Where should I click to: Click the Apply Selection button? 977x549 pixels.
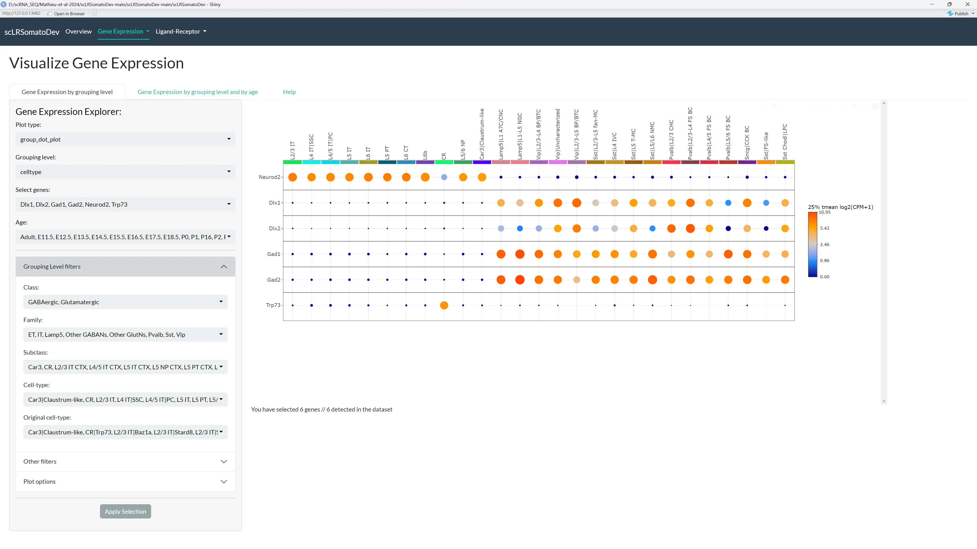coord(125,511)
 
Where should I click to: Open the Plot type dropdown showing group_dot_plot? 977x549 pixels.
coord(125,140)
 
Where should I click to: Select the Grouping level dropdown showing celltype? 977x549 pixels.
coord(125,172)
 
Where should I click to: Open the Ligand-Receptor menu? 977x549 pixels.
coord(181,32)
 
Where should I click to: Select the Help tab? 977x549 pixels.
coord(289,92)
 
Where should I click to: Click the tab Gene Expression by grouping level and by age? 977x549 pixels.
coord(198,92)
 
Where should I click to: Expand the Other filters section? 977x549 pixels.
coord(125,462)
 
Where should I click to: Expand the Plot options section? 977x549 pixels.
coord(125,482)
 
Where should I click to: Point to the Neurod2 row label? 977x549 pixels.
coord(269,177)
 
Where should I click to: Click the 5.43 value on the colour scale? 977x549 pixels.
coord(825,228)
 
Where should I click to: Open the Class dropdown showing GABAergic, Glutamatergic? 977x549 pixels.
coord(125,302)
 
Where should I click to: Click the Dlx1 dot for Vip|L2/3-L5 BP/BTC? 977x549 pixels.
coord(577,203)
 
